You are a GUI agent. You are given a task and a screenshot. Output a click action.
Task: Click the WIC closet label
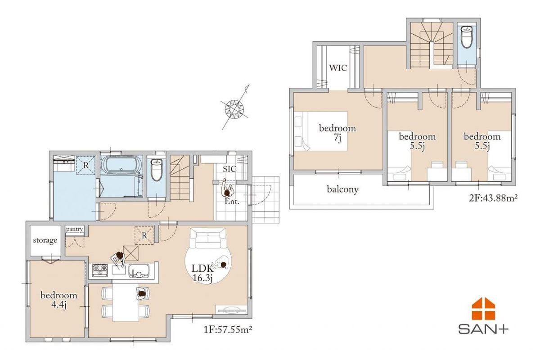(338, 68)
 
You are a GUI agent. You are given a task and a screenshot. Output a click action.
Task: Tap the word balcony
(342, 189)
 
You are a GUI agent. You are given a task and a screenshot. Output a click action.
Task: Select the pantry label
(75, 229)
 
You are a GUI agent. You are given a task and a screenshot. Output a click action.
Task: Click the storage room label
(45, 240)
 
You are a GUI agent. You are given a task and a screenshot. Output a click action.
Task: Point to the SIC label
(229, 169)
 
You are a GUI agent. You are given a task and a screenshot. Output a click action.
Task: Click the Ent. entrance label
(232, 202)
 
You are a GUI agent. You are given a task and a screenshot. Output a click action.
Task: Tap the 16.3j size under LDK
(202, 279)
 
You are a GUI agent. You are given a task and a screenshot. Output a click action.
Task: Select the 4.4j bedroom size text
(59, 305)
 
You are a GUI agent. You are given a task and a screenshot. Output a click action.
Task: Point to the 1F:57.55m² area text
(228, 329)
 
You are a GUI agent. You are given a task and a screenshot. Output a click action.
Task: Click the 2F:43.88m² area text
(493, 198)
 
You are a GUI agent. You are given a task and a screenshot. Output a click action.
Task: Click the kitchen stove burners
(100, 270)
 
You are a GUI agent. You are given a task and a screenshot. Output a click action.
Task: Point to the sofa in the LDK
(208, 238)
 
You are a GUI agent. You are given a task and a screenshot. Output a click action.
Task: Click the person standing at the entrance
(227, 190)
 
